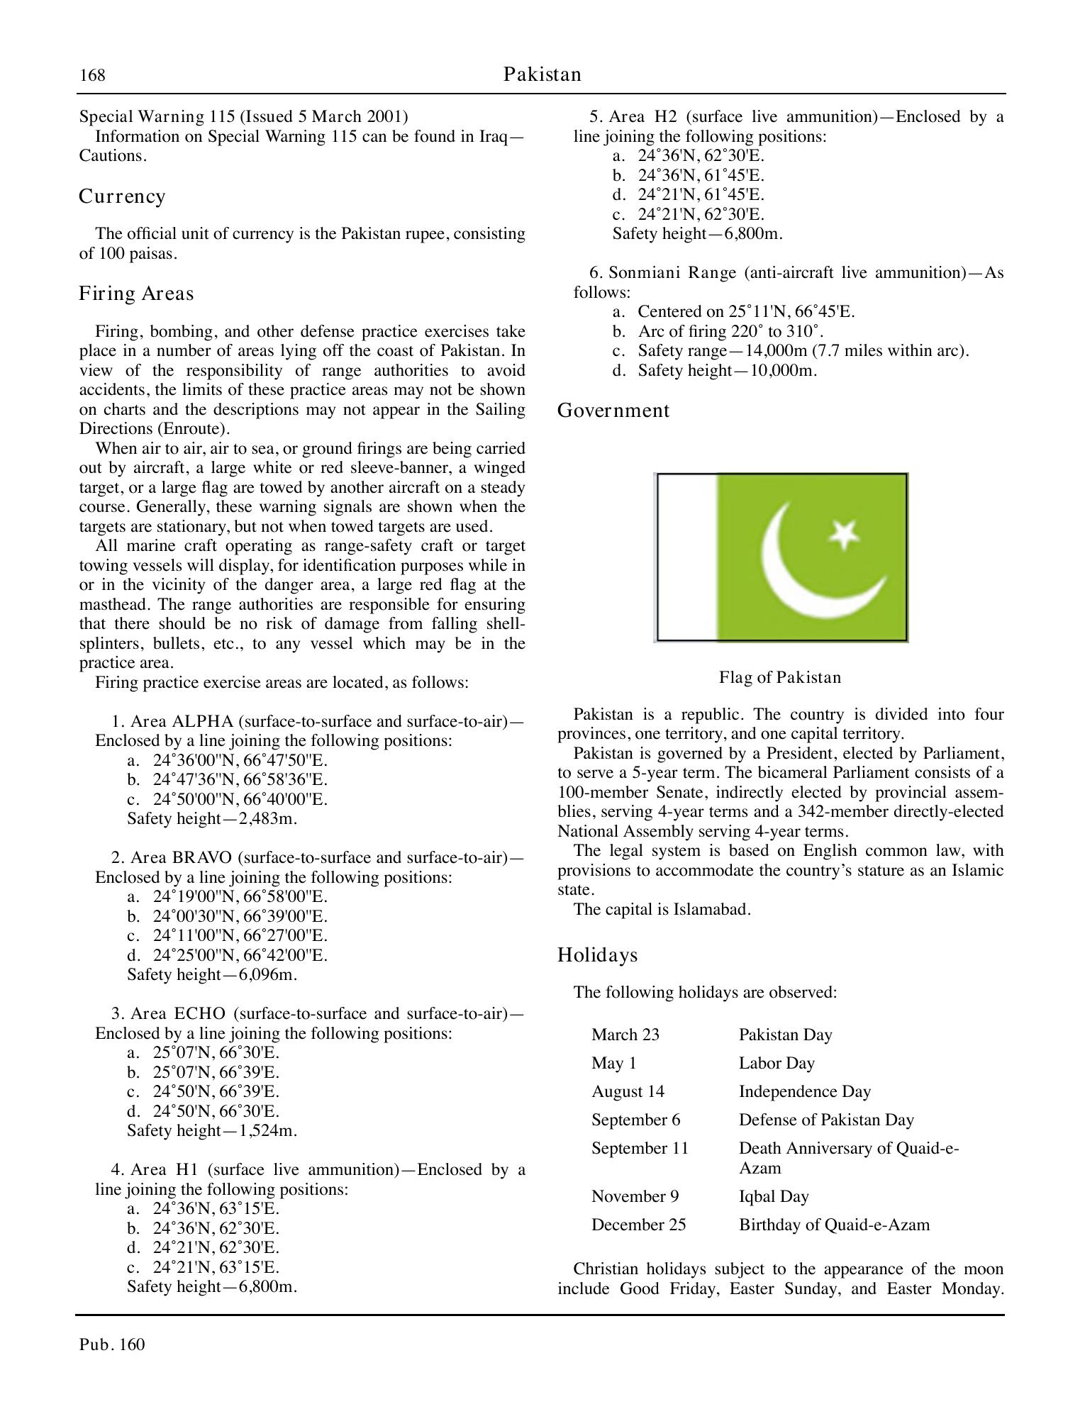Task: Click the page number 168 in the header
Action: point(92,75)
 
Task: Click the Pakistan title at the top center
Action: point(542,74)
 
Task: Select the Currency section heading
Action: point(122,196)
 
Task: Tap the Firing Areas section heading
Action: point(136,294)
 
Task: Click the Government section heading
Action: point(613,411)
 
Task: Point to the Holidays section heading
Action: point(598,955)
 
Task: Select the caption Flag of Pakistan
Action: point(780,677)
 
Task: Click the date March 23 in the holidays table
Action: point(625,1035)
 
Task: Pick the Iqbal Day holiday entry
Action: point(774,1196)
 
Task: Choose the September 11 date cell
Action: point(640,1148)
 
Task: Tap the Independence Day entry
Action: point(804,1091)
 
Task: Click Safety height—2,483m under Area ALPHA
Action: point(212,818)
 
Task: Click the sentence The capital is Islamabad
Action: point(662,909)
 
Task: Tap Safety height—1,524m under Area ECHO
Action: point(212,1130)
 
